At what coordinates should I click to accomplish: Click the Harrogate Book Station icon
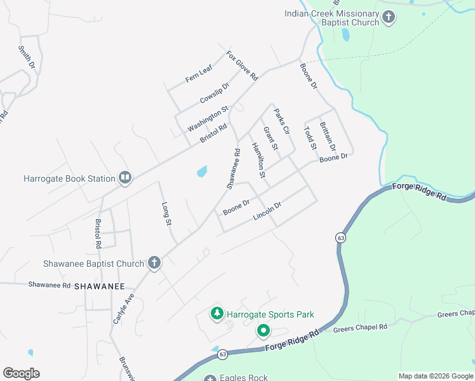[124, 178]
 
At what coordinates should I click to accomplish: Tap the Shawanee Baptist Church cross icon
[153, 263]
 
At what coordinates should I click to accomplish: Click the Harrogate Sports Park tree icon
[217, 314]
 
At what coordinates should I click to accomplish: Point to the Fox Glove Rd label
[243, 65]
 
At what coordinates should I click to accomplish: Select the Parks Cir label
[281, 121]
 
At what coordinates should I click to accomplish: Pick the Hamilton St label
[258, 159]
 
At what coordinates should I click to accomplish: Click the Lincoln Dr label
[267, 211]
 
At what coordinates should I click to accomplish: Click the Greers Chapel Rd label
[360, 327]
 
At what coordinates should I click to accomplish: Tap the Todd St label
[310, 138]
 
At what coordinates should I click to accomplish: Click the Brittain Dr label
[328, 135]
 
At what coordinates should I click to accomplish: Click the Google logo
[21, 373]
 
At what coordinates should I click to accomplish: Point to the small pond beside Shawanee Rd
[202, 171]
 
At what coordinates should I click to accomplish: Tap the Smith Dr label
[26, 57]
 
